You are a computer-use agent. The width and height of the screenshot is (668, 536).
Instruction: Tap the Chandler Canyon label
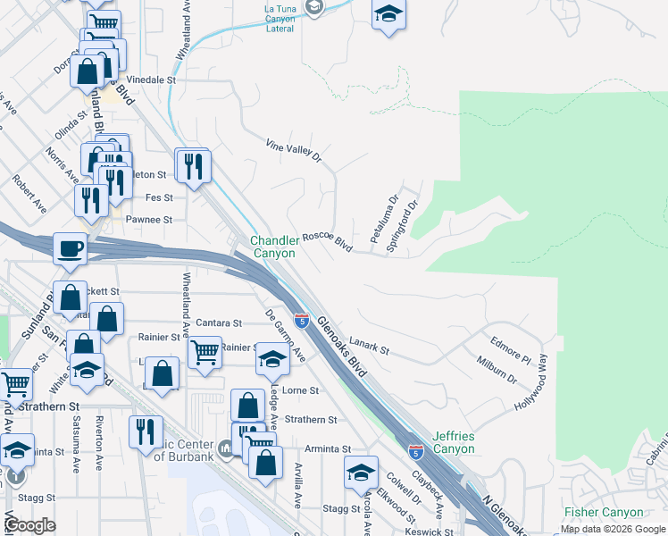272,247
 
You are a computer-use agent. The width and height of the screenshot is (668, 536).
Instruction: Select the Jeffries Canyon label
454,442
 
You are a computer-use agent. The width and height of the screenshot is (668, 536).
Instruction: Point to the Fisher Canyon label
604,512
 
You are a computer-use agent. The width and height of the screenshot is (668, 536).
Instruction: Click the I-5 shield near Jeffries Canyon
415,453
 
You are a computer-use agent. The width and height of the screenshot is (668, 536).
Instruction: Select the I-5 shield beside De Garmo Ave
303,320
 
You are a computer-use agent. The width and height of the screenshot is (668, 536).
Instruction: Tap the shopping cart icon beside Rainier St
205,353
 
